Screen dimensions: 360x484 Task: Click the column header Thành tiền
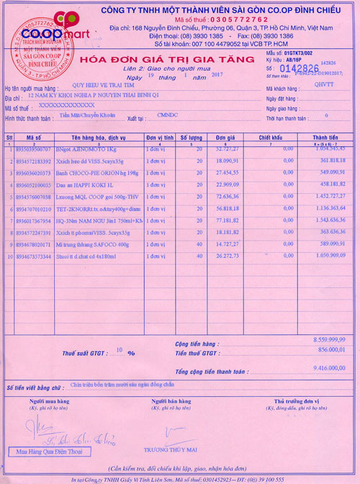[x=325, y=137]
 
